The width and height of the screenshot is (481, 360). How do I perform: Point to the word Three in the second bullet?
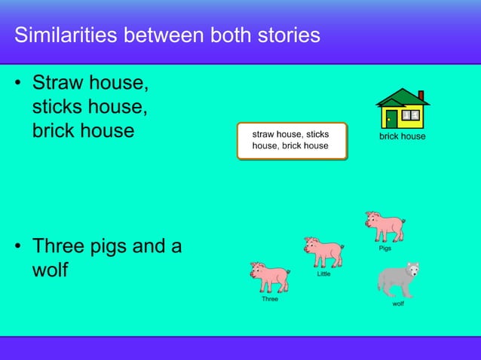(x=61, y=246)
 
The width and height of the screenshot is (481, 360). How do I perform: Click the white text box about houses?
(x=291, y=140)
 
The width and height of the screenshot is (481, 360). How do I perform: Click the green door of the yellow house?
(x=392, y=119)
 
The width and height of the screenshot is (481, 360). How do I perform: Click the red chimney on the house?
(x=421, y=96)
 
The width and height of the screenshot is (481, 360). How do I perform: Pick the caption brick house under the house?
(x=402, y=137)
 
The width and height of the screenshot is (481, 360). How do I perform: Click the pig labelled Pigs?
(x=384, y=226)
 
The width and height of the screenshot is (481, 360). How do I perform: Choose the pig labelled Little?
(x=323, y=252)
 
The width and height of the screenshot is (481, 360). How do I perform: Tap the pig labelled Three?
(x=270, y=276)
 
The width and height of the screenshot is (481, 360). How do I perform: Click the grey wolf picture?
(x=397, y=280)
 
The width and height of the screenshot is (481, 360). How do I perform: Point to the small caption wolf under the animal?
(x=398, y=304)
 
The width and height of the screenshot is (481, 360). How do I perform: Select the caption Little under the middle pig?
(x=323, y=274)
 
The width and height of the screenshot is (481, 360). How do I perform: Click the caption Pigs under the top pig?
(x=384, y=248)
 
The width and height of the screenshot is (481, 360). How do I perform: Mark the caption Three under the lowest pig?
(x=270, y=299)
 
